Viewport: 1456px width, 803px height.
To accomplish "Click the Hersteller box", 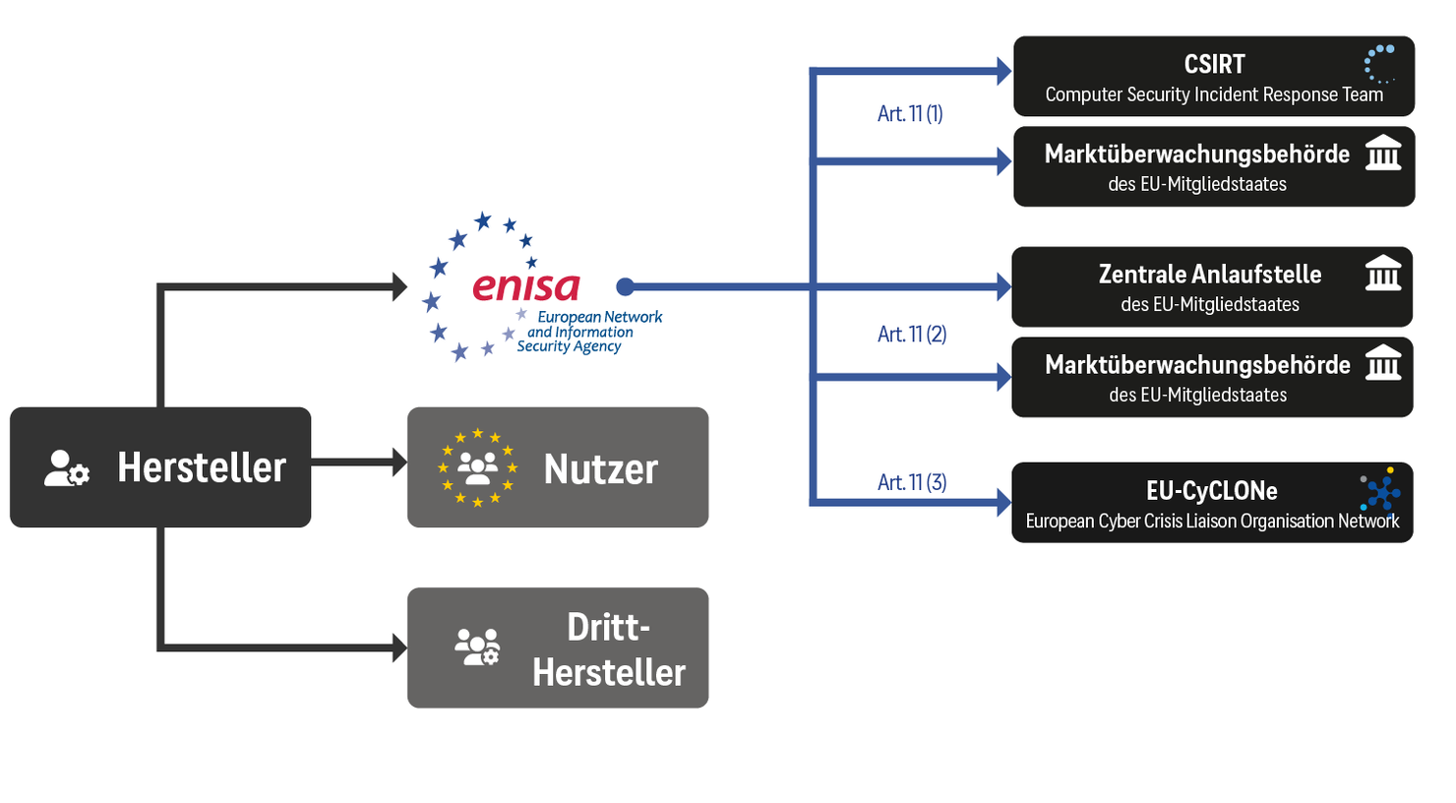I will [x=160, y=466].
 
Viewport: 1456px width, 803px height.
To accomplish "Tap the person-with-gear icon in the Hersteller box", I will [x=67, y=468].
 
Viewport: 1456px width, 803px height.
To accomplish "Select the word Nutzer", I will [x=600, y=469].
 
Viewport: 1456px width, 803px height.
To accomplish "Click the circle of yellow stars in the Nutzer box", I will [x=478, y=467].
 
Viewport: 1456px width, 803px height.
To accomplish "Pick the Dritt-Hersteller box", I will [x=558, y=648].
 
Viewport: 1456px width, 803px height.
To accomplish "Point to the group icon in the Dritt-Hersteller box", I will [x=477, y=648].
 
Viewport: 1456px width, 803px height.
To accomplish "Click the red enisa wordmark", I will [x=526, y=286].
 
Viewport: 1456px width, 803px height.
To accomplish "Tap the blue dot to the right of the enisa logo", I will [x=625, y=286].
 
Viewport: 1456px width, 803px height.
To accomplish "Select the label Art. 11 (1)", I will [x=910, y=114].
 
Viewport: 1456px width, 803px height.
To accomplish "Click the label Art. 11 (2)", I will [x=912, y=335].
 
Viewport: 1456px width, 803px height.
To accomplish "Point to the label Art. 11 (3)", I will [x=912, y=482].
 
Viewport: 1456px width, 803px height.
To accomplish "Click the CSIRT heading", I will [x=1214, y=65].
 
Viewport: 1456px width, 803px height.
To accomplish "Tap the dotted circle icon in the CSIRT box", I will [x=1380, y=63].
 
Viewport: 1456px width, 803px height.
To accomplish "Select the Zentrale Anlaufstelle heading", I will [x=1210, y=275].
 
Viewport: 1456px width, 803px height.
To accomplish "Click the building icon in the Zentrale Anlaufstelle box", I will [x=1383, y=273].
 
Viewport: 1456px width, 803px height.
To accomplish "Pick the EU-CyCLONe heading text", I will [x=1211, y=490].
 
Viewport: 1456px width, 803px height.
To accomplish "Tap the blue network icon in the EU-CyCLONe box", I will [x=1381, y=490].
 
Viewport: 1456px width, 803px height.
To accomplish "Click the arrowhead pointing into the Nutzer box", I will [x=399, y=463].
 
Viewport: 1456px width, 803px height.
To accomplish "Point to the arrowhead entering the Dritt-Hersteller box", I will [x=399, y=648].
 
